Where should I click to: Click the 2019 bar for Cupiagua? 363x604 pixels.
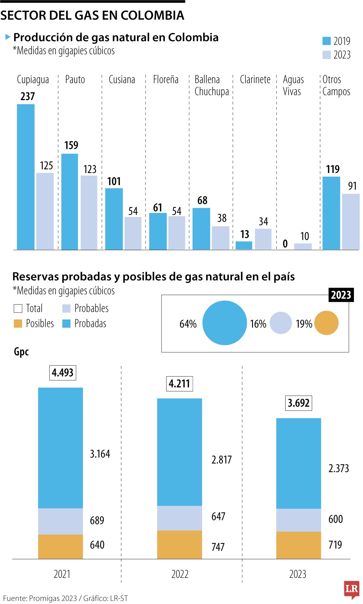[x=26, y=177]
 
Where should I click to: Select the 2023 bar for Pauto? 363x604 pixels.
[x=89, y=212]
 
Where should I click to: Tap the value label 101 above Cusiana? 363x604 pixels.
[x=114, y=181]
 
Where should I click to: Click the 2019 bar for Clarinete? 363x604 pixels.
[x=244, y=245]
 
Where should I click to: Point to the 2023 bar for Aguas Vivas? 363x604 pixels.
[x=303, y=246]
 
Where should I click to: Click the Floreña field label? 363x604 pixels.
[x=166, y=80]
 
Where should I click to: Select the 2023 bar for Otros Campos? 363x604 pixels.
[x=351, y=221]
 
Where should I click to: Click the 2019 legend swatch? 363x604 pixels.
[x=326, y=41]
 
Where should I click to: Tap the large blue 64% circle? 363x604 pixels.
[x=224, y=323]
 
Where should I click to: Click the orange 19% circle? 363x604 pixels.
[x=326, y=323]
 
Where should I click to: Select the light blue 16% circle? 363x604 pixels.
[x=280, y=323]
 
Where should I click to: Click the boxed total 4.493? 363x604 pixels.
[x=63, y=373]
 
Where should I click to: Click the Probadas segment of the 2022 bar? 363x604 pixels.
[x=179, y=452]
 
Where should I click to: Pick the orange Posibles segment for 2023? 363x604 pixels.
[x=298, y=545]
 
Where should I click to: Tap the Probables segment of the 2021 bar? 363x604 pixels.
[x=60, y=521]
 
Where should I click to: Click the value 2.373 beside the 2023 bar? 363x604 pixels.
[x=338, y=469]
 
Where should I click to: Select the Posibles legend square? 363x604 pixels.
[x=18, y=323]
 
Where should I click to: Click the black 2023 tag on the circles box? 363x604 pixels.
[x=341, y=295]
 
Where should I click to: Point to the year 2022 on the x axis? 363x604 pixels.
[x=180, y=574]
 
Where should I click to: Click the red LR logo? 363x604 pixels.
[x=352, y=589]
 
